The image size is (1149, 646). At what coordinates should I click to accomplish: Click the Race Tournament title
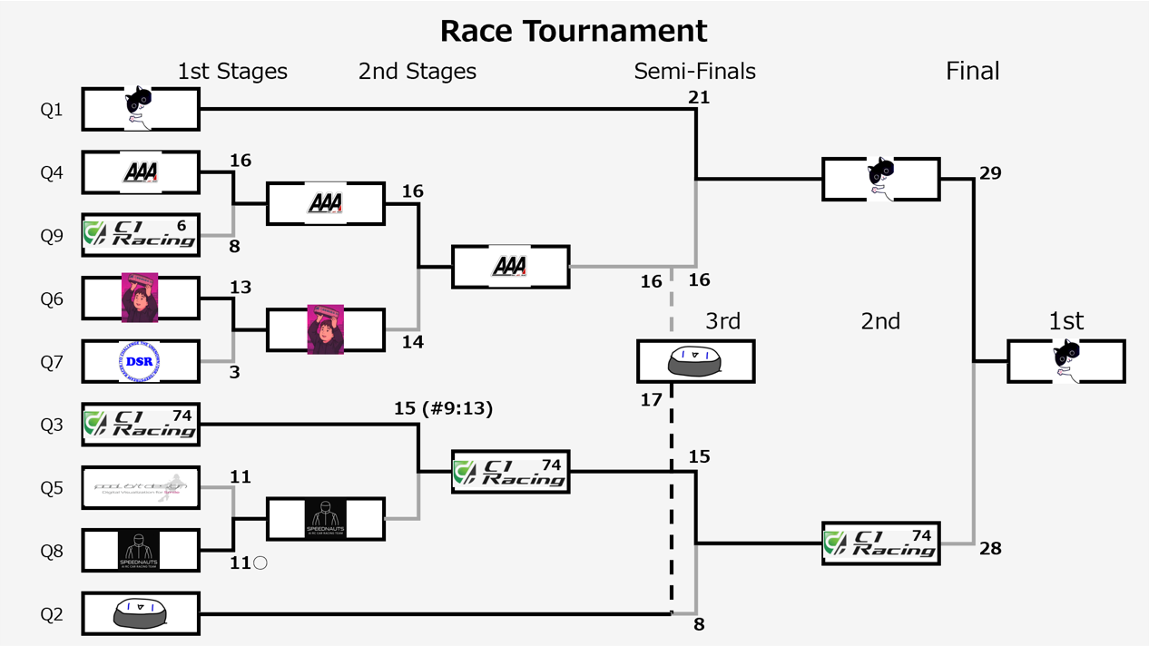[574, 31]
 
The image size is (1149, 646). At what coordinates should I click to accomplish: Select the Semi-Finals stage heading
[694, 71]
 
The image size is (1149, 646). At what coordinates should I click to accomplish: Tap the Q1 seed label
[52, 110]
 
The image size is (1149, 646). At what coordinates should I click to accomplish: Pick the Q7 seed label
[52, 362]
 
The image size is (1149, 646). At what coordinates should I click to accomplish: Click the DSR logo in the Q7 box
[139, 361]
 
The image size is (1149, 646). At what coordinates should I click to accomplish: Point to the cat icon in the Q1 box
[138, 107]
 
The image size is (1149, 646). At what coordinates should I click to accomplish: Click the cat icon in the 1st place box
[1066, 359]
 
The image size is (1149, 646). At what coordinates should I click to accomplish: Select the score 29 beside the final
[990, 172]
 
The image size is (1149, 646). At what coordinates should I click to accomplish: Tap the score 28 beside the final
[990, 548]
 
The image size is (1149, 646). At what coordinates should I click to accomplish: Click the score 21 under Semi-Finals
[699, 97]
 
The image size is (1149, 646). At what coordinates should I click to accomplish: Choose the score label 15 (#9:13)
[444, 408]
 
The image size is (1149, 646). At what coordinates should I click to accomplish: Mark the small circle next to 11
[260, 563]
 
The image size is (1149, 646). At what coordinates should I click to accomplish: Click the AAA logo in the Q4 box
[141, 172]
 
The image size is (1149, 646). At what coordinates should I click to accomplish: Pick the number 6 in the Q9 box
[182, 225]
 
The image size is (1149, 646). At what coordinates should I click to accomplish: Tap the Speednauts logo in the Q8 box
[139, 550]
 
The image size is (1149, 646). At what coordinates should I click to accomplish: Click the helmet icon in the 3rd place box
[694, 361]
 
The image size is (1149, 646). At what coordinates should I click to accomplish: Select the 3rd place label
[722, 321]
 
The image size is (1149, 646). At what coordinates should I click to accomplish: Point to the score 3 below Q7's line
[234, 372]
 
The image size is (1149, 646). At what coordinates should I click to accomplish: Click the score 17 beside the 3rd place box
[652, 399]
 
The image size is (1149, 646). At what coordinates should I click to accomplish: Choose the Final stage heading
[972, 71]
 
